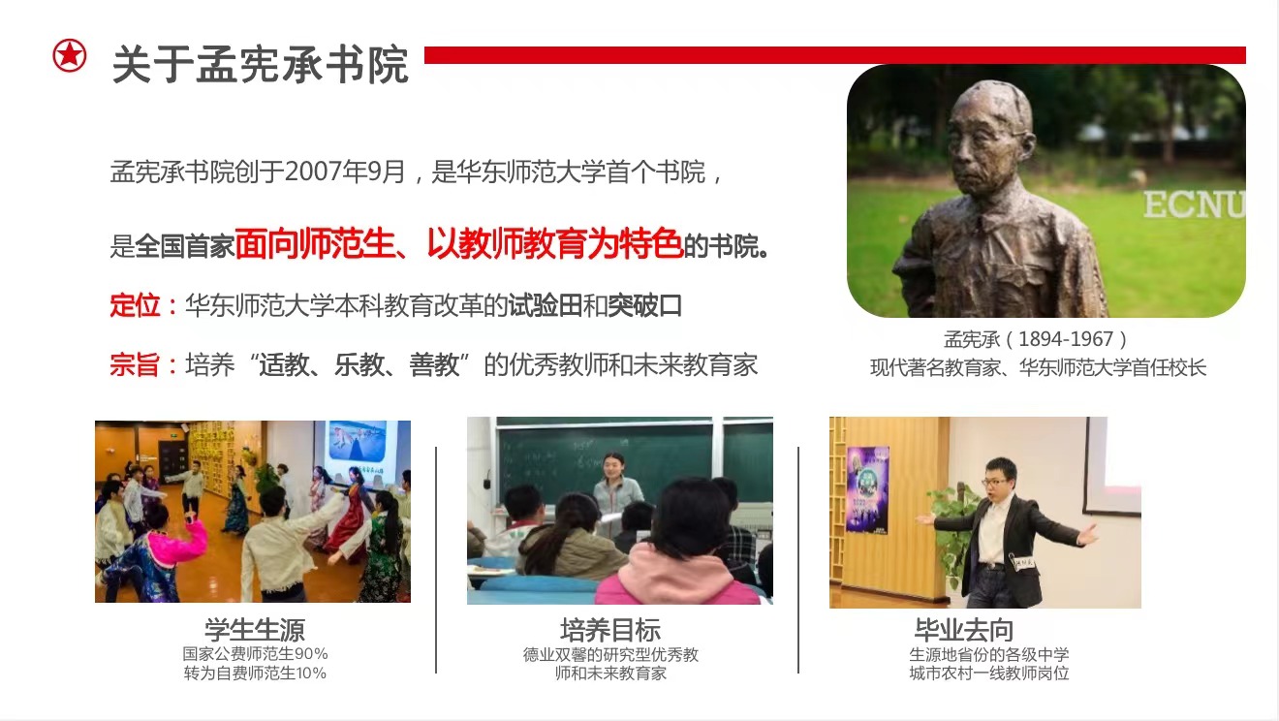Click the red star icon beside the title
[x=70, y=55]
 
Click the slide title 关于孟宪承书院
[x=261, y=65]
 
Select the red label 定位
[x=135, y=305]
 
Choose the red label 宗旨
[x=135, y=364]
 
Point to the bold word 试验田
[x=545, y=305]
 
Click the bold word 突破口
[x=645, y=305]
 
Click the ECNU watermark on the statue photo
[x=1194, y=204]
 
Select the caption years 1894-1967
[x=1066, y=339]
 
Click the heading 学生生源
[x=255, y=630]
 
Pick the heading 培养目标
[x=610, y=630]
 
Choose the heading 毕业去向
[x=964, y=630]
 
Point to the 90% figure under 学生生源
[x=311, y=653]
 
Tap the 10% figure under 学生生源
[x=310, y=674]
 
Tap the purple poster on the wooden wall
[x=868, y=489]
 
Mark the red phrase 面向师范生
[x=315, y=244]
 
